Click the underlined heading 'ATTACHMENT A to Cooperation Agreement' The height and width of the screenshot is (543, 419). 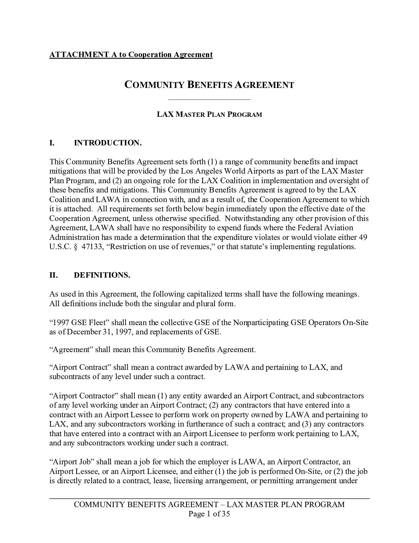click(131, 54)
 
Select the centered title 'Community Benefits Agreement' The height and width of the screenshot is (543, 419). click(209, 85)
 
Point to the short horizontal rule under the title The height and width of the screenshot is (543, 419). click(209, 100)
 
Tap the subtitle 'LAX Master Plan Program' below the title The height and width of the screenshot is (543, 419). click(209, 115)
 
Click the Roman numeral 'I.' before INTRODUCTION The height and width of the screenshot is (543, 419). click(52, 143)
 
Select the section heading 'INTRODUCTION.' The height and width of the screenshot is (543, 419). click(108, 143)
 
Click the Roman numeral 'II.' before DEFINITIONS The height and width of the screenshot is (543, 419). click(53, 275)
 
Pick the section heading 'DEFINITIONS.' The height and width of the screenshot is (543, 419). click(102, 275)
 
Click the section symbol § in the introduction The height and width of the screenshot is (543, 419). click(75, 247)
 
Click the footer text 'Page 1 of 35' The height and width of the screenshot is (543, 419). click(209, 514)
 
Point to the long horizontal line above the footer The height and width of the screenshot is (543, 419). click(209, 499)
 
